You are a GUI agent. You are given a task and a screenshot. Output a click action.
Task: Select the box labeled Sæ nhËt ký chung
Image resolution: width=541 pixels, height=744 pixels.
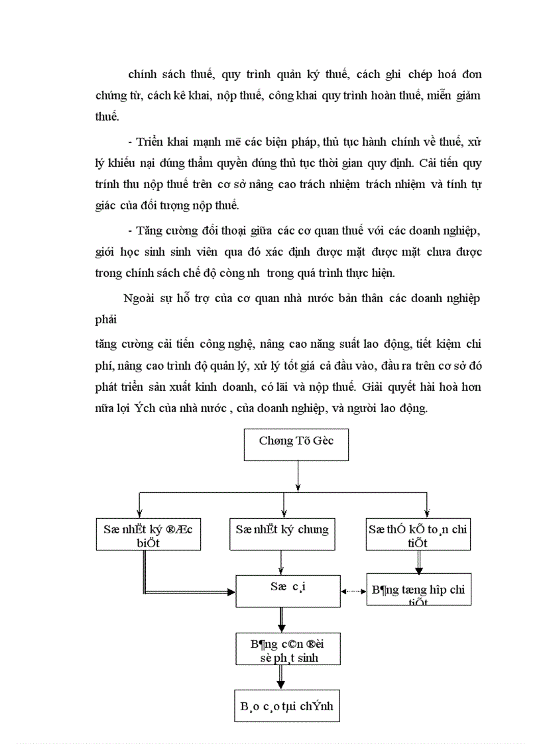(x=282, y=534)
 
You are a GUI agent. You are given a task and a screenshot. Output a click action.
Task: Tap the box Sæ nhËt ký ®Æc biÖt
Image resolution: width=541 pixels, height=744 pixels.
(x=148, y=534)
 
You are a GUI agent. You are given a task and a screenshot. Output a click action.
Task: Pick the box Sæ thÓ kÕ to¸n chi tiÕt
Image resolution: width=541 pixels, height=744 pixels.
(x=418, y=534)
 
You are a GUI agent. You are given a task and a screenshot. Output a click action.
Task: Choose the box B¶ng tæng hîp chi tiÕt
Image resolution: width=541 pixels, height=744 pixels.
(x=418, y=589)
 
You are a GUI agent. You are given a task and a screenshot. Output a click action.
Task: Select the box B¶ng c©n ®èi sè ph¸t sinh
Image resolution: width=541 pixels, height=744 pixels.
(x=288, y=649)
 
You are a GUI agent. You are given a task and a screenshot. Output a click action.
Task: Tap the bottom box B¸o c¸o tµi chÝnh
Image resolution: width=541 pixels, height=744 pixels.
(x=287, y=707)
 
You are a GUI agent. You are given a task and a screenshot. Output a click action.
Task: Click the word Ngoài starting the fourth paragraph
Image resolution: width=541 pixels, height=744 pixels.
(x=139, y=298)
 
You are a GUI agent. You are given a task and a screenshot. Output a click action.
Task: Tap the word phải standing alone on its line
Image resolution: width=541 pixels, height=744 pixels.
(x=106, y=320)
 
